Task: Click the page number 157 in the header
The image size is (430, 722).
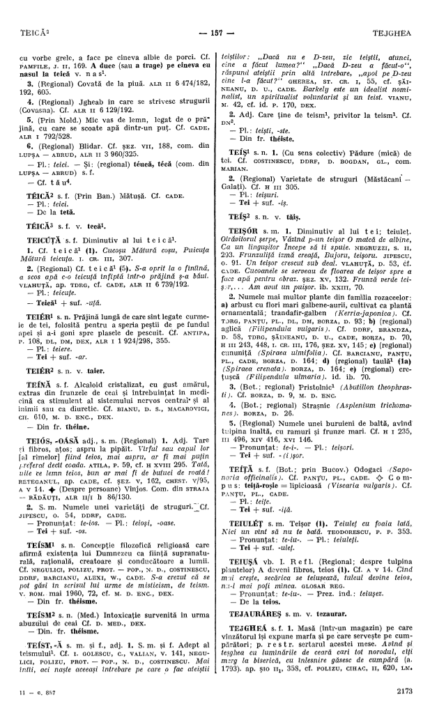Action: [215, 13]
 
